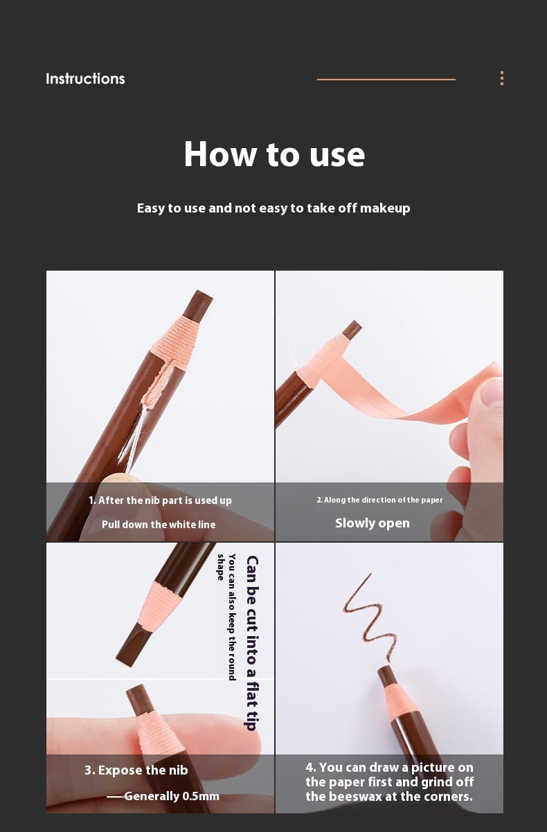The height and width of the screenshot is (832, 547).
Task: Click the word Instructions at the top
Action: (x=85, y=79)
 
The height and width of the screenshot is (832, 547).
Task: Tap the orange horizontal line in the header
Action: (x=386, y=79)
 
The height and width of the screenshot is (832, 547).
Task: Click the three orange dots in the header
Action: (x=502, y=78)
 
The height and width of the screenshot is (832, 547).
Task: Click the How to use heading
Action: (x=274, y=154)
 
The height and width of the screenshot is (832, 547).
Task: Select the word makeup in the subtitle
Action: (x=385, y=208)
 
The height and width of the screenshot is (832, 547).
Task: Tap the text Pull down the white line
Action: (x=159, y=525)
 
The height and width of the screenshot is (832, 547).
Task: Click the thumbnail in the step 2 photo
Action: (x=491, y=392)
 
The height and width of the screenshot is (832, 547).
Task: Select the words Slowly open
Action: (x=373, y=523)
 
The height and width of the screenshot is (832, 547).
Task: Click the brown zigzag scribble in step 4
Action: (x=369, y=618)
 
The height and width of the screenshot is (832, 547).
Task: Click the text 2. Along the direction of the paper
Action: (x=379, y=500)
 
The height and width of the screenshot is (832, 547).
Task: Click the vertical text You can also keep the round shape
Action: (x=226, y=617)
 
